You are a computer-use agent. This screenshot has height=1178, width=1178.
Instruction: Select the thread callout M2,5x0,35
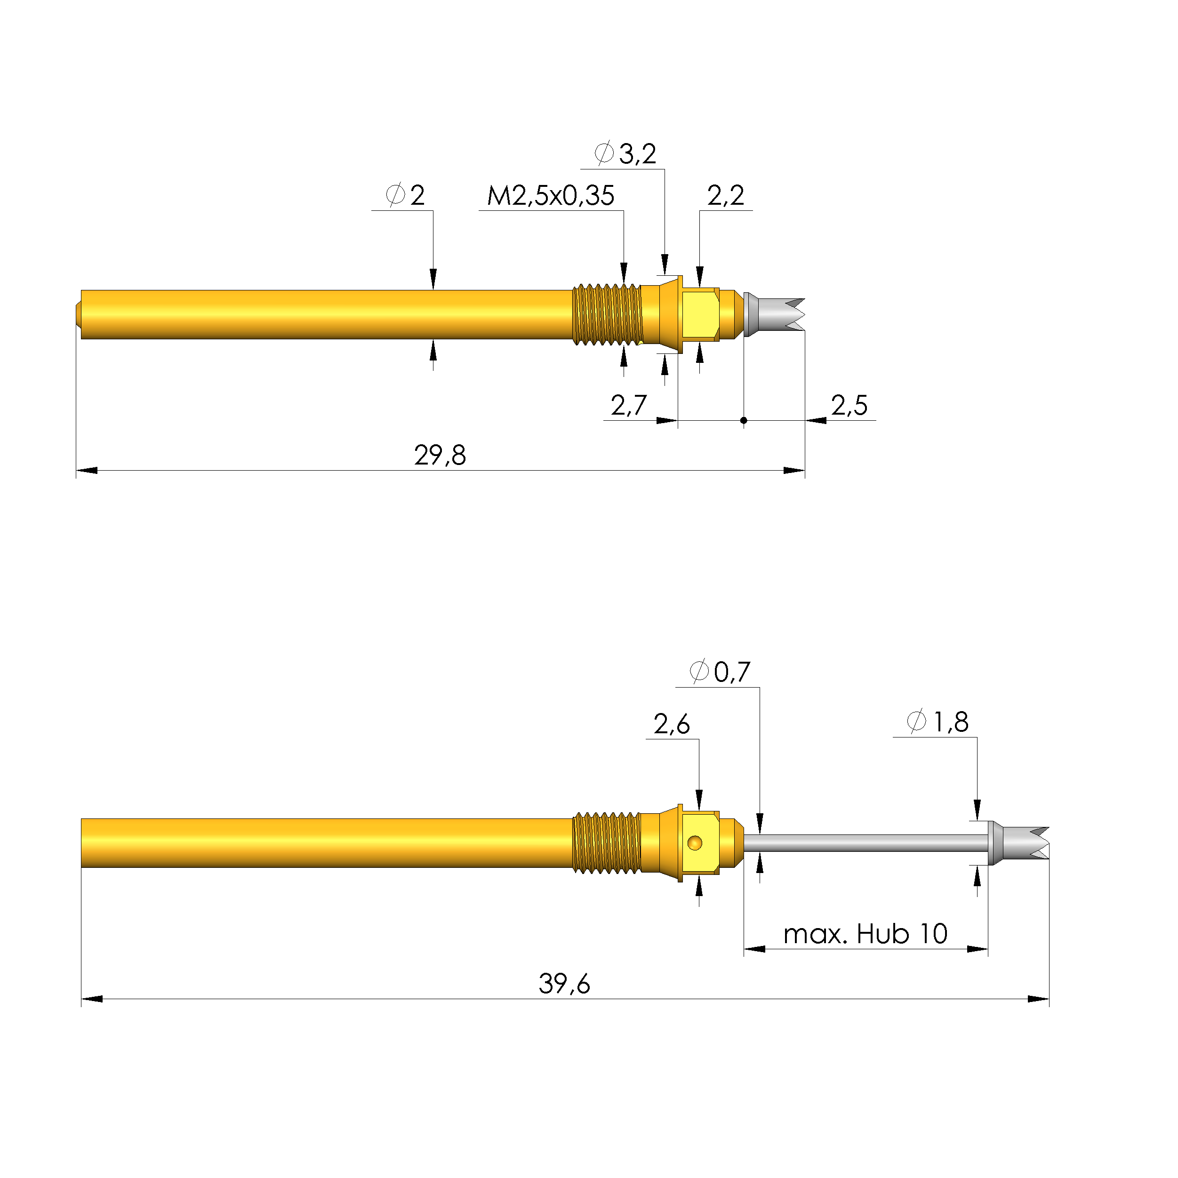(550, 196)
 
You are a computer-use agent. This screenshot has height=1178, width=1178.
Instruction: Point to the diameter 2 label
(406, 196)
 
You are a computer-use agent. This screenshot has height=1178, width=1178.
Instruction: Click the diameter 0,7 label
(720, 672)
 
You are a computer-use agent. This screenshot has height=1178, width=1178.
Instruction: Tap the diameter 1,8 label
(938, 722)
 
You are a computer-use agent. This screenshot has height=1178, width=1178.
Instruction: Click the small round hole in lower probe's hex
(695, 843)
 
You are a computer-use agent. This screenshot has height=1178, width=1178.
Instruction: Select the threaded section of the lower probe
(607, 843)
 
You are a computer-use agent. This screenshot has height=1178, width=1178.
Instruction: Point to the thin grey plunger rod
(866, 843)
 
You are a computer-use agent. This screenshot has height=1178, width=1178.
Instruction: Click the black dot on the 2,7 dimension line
(744, 420)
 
